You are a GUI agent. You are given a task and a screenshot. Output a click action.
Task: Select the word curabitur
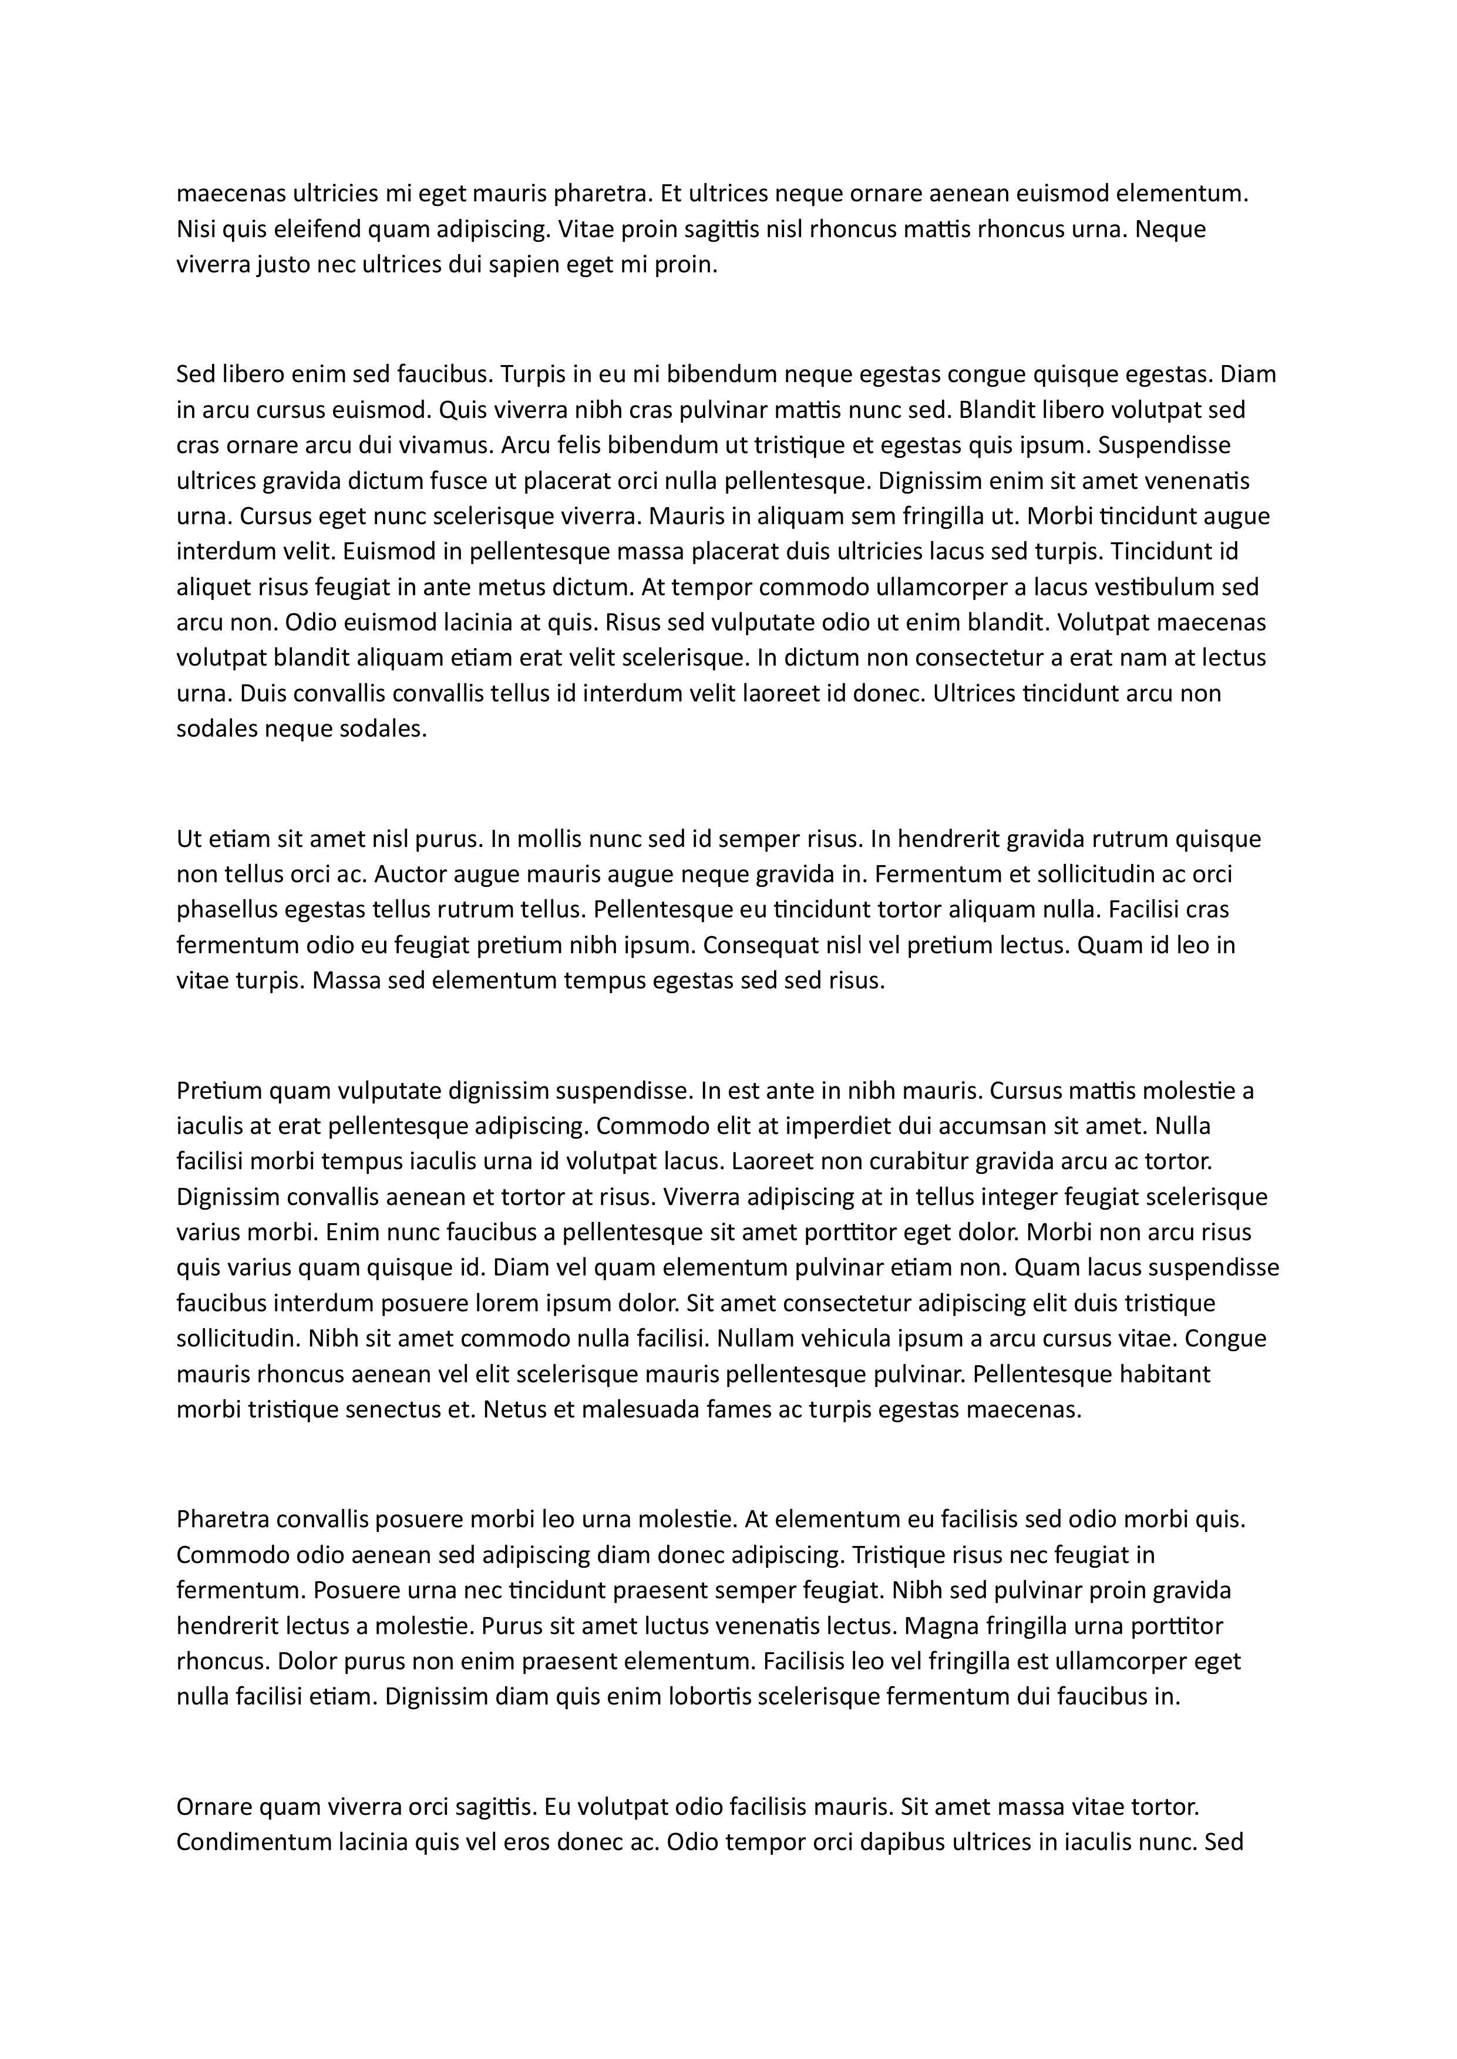(x=901, y=1162)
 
